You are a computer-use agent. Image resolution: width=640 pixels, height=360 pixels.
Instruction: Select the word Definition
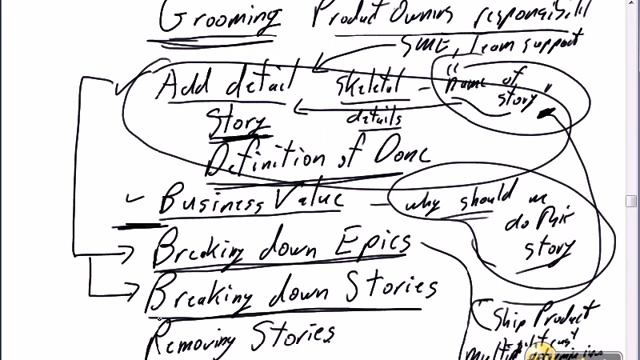coord(264,158)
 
